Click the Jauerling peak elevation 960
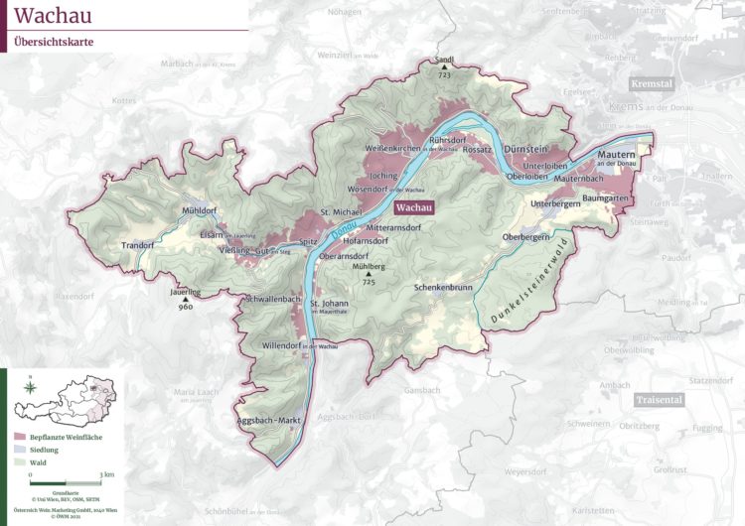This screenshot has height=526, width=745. coord(185,307)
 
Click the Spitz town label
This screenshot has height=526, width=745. coord(308,241)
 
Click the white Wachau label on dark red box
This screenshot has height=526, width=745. coord(416,209)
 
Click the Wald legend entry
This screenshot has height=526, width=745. coord(40,462)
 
